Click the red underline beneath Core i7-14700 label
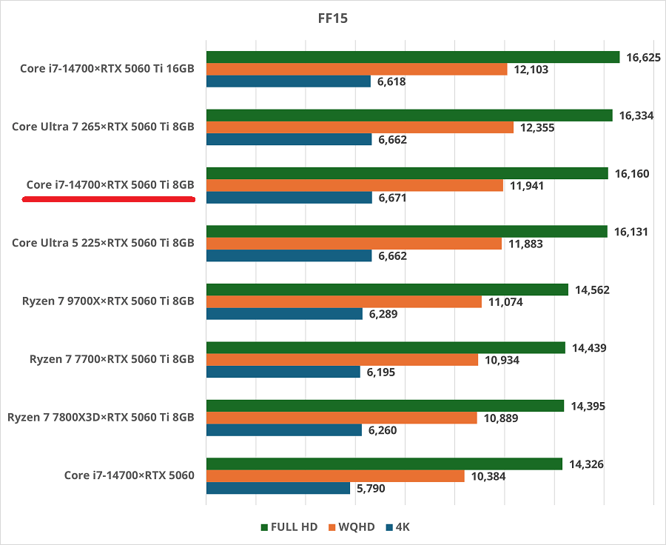(x=108, y=199)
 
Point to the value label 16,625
(x=643, y=57)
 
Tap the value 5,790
(x=371, y=489)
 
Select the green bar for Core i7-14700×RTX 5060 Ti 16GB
(x=412, y=57)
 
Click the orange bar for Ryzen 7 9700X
(x=343, y=301)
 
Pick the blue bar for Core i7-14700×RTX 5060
(x=277, y=489)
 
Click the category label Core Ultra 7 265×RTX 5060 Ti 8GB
(x=103, y=127)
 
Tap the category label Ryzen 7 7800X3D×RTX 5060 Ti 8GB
(x=101, y=417)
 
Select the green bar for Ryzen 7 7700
(x=385, y=347)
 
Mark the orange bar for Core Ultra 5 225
(x=354, y=244)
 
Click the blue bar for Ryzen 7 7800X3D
(x=283, y=430)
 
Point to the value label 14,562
(x=593, y=290)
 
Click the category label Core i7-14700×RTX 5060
(x=129, y=475)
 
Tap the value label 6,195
(x=380, y=372)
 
